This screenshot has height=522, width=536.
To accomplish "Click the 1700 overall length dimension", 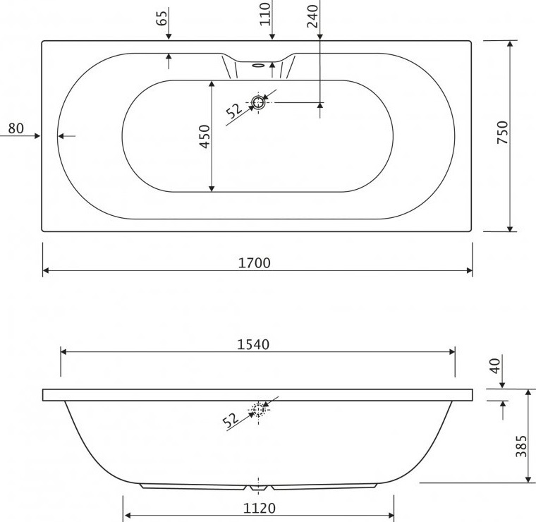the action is [x=254, y=263].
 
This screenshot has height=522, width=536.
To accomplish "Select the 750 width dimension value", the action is [x=503, y=133].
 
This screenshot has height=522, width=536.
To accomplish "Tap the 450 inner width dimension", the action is [x=205, y=136].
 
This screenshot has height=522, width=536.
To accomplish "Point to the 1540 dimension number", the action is [x=253, y=344].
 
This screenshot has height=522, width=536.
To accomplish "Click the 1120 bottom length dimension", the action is [x=259, y=509].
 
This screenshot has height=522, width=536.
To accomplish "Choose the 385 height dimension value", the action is [x=522, y=446].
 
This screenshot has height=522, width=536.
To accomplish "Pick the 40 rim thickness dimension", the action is [x=495, y=365].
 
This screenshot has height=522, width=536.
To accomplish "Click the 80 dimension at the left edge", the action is [x=16, y=128].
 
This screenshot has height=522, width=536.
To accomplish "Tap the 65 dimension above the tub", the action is [x=162, y=18].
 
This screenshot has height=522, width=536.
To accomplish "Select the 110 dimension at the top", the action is [x=265, y=14].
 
